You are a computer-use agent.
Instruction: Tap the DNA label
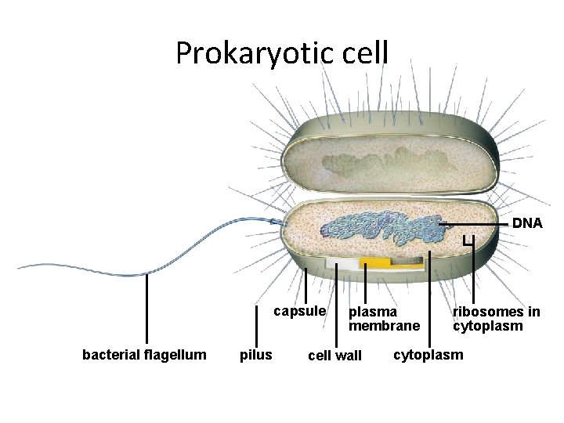tap(527, 224)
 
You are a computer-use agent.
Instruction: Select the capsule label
tap(299, 311)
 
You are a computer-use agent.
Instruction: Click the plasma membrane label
tap(384, 318)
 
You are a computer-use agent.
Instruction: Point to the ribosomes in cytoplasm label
tap(496, 318)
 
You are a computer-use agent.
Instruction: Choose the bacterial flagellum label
tap(144, 356)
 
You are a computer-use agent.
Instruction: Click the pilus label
tap(255, 356)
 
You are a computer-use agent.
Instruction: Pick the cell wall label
tap(334, 356)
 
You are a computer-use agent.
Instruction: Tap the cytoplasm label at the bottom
tap(428, 355)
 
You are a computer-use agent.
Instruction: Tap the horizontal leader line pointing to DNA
tap(478, 225)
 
